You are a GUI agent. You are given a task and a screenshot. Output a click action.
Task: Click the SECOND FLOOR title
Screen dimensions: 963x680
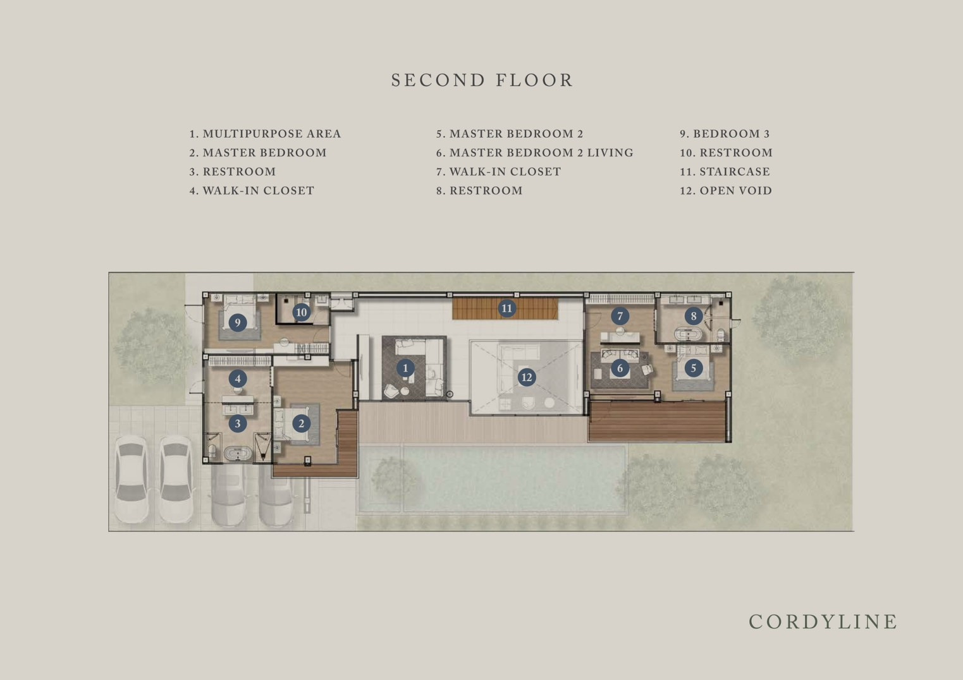[x=482, y=80]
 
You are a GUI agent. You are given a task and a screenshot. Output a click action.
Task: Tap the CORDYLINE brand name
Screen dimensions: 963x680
[x=823, y=622]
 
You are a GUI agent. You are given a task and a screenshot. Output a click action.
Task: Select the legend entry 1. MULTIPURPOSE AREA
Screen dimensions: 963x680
[x=266, y=133]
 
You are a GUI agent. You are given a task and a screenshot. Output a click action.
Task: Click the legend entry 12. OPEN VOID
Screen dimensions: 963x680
[x=726, y=190]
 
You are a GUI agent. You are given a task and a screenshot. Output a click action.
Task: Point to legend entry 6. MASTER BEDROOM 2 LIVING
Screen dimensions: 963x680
[x=535, y=152]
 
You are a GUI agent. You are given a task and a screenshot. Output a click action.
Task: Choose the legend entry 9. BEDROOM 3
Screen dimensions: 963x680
[x=725, y=133]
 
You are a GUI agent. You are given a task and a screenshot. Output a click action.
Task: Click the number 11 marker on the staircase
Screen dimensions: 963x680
[x=507, y=308]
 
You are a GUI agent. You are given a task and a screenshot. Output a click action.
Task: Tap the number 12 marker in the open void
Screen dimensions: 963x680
[x=527, y=377]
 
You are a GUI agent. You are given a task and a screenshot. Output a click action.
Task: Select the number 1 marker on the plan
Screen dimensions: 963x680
[x=405, y=368]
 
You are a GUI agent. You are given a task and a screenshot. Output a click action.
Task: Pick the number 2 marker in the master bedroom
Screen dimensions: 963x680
[x=302, y=423]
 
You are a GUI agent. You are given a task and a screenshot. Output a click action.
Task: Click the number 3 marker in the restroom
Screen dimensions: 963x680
[x=238, y=423]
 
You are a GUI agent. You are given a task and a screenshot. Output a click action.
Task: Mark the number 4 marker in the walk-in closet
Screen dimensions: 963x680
[x=238, y=379]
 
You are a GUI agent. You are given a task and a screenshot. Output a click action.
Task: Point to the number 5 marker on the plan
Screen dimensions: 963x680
[x=694, y=368]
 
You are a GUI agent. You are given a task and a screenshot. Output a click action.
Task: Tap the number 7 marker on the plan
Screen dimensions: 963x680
[x=620, y=316]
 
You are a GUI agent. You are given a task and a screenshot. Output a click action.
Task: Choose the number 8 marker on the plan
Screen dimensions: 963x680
[x=694, y=316]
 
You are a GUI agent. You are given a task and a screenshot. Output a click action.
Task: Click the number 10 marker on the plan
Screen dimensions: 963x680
[x=302, y=312]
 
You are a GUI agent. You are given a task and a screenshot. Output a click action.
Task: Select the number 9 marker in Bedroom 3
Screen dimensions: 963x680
[x=238, y=322]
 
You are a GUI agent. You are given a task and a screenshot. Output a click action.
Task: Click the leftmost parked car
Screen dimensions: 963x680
[x=132, y=479]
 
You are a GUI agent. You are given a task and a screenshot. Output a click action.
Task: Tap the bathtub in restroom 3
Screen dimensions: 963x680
[x=238, y=454]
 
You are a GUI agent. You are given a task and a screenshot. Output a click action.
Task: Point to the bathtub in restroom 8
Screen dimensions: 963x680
[x=688, y=334]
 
